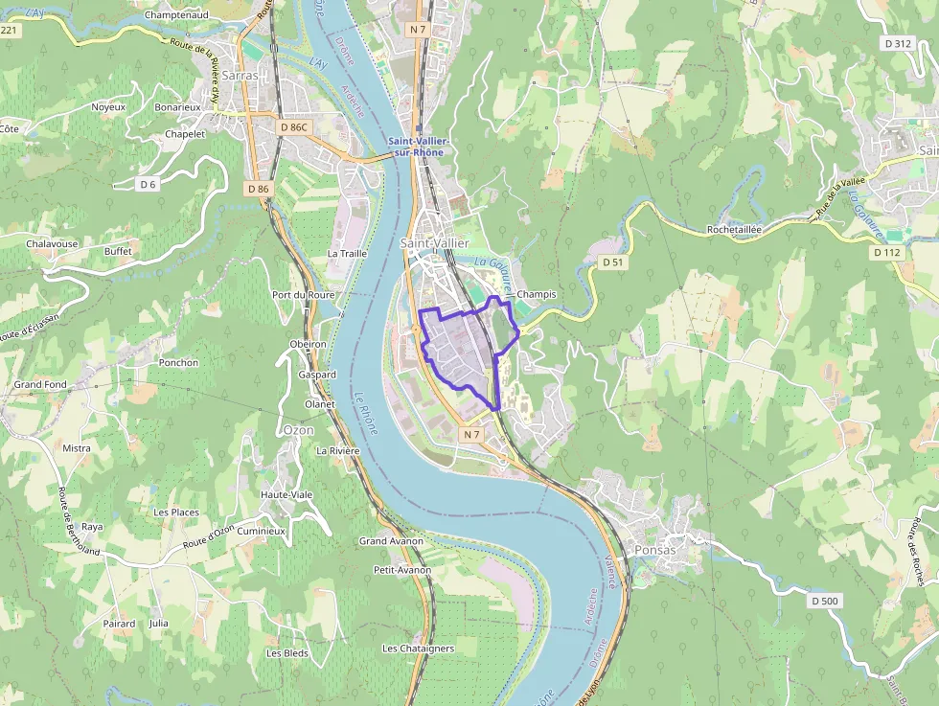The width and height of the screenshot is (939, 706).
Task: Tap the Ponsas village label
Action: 654,550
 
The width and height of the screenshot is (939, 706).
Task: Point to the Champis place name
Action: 536,294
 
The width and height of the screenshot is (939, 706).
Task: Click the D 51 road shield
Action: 612,262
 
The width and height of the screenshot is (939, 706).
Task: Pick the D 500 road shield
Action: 823,601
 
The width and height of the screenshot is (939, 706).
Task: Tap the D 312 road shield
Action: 898,43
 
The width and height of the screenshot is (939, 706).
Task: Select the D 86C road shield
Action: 293,126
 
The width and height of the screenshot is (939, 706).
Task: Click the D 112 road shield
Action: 888,253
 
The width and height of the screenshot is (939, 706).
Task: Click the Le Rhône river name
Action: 366,414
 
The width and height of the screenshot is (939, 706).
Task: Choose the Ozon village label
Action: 298,430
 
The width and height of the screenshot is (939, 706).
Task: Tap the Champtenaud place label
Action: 177,15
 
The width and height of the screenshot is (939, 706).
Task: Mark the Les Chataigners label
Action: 418,649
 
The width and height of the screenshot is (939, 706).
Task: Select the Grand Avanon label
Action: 392,541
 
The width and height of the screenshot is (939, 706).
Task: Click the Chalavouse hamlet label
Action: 52,243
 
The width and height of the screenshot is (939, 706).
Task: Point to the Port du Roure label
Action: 304,295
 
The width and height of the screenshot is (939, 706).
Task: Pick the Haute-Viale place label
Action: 286,494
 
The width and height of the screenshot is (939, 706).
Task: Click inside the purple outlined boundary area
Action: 460,350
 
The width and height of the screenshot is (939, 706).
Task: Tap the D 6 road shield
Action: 148,184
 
